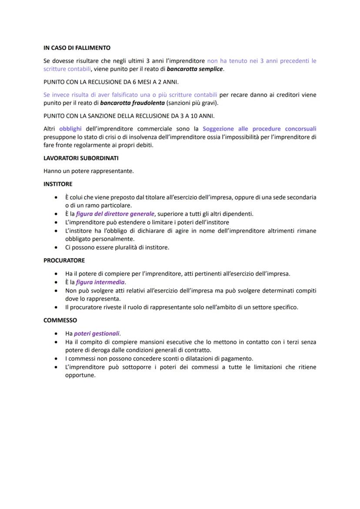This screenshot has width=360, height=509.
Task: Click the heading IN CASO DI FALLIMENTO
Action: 77,48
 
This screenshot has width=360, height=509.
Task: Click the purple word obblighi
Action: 70,129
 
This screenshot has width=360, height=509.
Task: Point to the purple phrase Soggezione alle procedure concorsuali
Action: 259,129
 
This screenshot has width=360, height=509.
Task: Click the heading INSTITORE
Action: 58,184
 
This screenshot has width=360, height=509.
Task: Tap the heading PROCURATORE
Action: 64,260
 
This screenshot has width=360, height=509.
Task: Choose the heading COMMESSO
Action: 60,320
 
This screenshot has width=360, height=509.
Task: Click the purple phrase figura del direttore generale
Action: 115,214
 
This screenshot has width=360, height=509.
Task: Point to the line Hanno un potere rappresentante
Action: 89,171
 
